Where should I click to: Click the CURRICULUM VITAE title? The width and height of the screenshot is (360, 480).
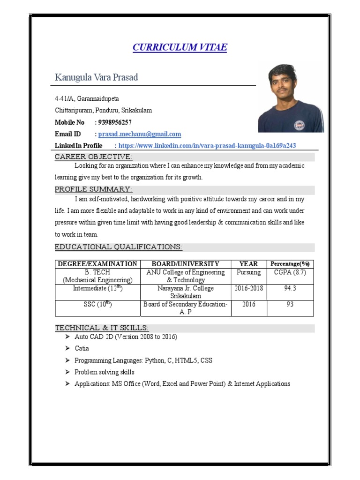[180, 47]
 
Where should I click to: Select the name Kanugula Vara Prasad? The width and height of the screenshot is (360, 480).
[97, 77]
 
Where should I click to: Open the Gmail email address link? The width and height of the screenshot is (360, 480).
[139, 134]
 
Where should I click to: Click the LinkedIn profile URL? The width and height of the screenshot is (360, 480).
[207, 146]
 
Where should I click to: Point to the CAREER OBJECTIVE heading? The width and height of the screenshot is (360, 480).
[94, 157]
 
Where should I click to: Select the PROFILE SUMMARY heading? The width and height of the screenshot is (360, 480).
[94, 189]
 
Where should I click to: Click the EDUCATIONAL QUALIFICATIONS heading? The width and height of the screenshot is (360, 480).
[119, 247]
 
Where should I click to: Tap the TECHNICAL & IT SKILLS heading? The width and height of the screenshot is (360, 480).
[102, 328]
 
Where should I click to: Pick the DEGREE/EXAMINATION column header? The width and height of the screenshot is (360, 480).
[97, 264]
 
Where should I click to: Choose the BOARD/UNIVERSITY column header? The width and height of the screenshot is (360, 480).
[185, 264]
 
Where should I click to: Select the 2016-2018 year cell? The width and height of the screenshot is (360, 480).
[248, 288]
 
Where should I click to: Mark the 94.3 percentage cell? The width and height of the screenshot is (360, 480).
[290, 288]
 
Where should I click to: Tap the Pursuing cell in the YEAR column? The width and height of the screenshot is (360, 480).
[248, 272]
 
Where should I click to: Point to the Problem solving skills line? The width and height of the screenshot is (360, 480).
[104, 372]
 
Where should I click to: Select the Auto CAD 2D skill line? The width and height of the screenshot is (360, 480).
[126, 337]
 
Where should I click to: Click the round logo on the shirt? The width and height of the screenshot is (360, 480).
[299, 125]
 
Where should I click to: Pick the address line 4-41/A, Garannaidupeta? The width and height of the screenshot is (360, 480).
[87, 99]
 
